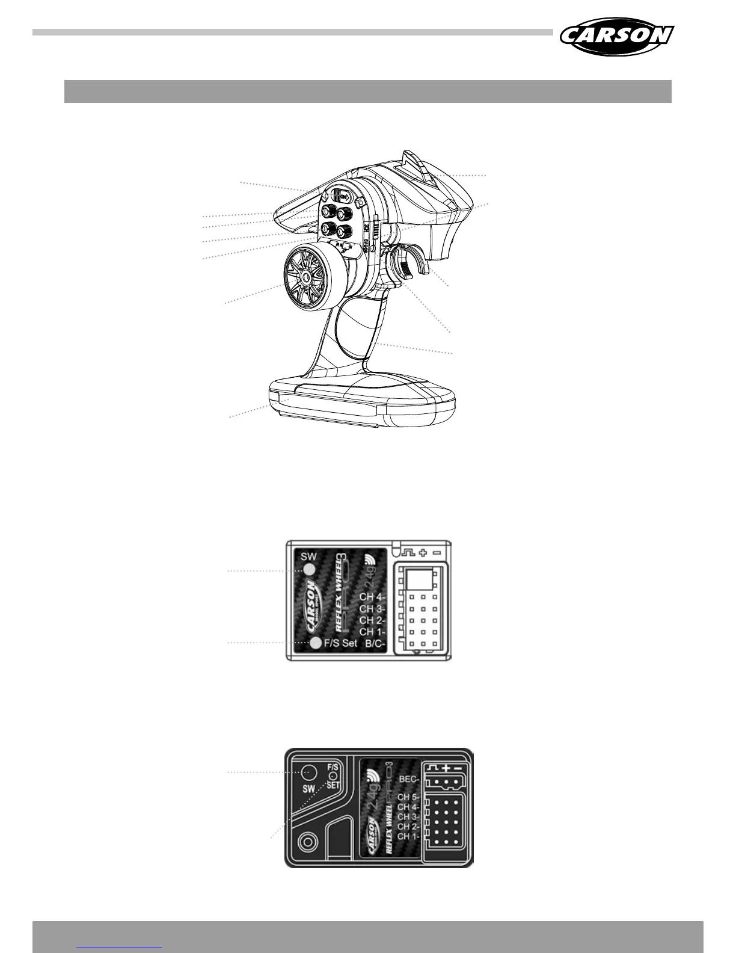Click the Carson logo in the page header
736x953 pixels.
(x=616, y=36)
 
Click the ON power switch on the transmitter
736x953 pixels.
(x=343, y=196)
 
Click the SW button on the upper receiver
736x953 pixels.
(x=310, y=570)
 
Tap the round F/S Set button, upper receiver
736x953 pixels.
(x=316, y=643)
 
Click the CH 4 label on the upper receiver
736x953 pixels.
(x=372, y=597)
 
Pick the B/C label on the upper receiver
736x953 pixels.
(x=375, y=643)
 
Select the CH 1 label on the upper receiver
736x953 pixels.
(x=372, y=632)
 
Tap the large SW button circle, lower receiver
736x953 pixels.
(x=308, y=771)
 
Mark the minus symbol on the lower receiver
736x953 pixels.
(x=458, y=768)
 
